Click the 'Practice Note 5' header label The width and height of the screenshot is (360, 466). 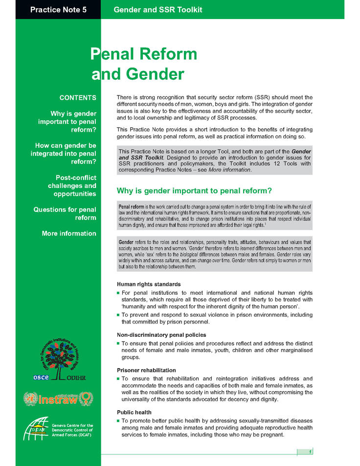58,10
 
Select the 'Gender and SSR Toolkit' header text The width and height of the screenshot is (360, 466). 157,10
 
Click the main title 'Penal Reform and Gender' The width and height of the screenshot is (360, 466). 144,64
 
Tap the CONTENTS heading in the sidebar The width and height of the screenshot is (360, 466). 77,98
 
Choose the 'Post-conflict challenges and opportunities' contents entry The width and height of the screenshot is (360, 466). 72,186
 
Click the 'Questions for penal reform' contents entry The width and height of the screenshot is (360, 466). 65,213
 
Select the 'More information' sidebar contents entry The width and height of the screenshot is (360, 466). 69,233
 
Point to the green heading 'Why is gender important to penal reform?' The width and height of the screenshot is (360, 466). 194,190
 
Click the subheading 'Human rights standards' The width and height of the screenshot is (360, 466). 149,284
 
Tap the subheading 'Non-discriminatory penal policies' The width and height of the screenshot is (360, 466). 161,335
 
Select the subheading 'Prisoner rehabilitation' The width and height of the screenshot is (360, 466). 146,370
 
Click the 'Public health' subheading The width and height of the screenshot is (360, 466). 134,412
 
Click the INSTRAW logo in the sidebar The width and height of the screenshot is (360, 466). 57,398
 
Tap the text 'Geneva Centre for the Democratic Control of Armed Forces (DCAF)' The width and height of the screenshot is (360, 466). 72,430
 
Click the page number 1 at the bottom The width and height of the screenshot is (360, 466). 310,451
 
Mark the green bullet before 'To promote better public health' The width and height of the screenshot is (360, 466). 118,421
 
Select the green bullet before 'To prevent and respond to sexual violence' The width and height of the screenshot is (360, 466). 118,315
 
